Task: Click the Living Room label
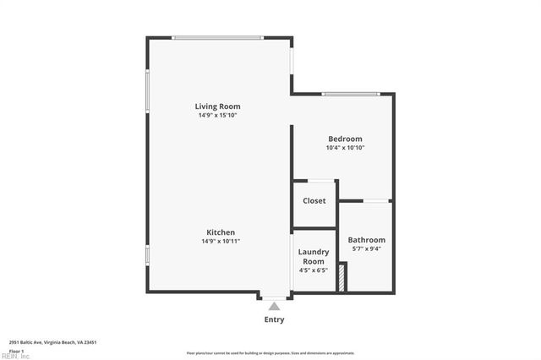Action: pos(218,106)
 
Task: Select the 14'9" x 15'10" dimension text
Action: pos(218,116)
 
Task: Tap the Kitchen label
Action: pos(220,232)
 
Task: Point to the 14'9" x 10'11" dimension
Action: pos(220,242)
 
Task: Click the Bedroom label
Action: pos(345,139)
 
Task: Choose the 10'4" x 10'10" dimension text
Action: pos(345,148)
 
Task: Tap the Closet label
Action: pos(314,201)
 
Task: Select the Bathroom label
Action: pos(367,239)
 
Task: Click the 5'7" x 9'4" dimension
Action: pos(367,248)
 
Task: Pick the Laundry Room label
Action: pos(314,257)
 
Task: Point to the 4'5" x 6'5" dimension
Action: pos(314,270)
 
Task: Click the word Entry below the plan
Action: pos(274,319)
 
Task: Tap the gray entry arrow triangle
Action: pos(274,306)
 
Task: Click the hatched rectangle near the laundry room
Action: pos(342,278)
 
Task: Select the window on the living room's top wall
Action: pos(218,37)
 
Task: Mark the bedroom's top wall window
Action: pos(349,94)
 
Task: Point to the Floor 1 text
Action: pos(16,350)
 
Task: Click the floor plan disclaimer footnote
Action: pos(270,353)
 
